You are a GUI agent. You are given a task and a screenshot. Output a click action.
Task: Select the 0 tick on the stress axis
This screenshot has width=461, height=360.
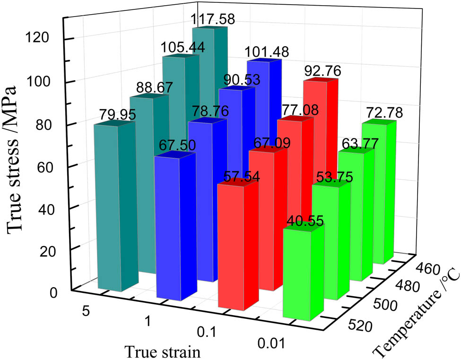point(53,293)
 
